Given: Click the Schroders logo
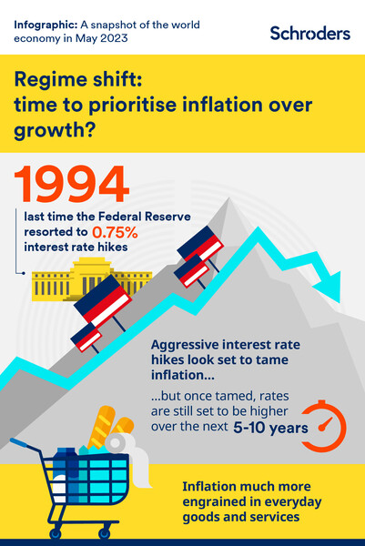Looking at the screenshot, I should coord(309,33).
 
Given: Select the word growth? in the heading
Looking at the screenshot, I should coord(46,133).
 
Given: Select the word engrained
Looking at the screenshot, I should coord(218,502).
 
